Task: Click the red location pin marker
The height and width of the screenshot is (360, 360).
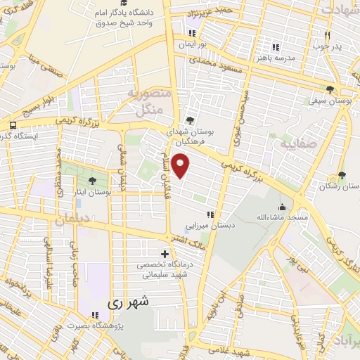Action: [182, 166]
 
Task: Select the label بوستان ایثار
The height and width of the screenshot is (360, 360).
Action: [92, 193]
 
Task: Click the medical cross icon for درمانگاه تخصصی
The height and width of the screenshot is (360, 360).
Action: [165, 253]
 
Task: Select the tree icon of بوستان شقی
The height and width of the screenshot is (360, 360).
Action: [330, 89]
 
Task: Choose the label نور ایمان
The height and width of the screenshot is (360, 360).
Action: [194, 44]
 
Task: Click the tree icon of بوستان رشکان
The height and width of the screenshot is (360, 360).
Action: [342, 176]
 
